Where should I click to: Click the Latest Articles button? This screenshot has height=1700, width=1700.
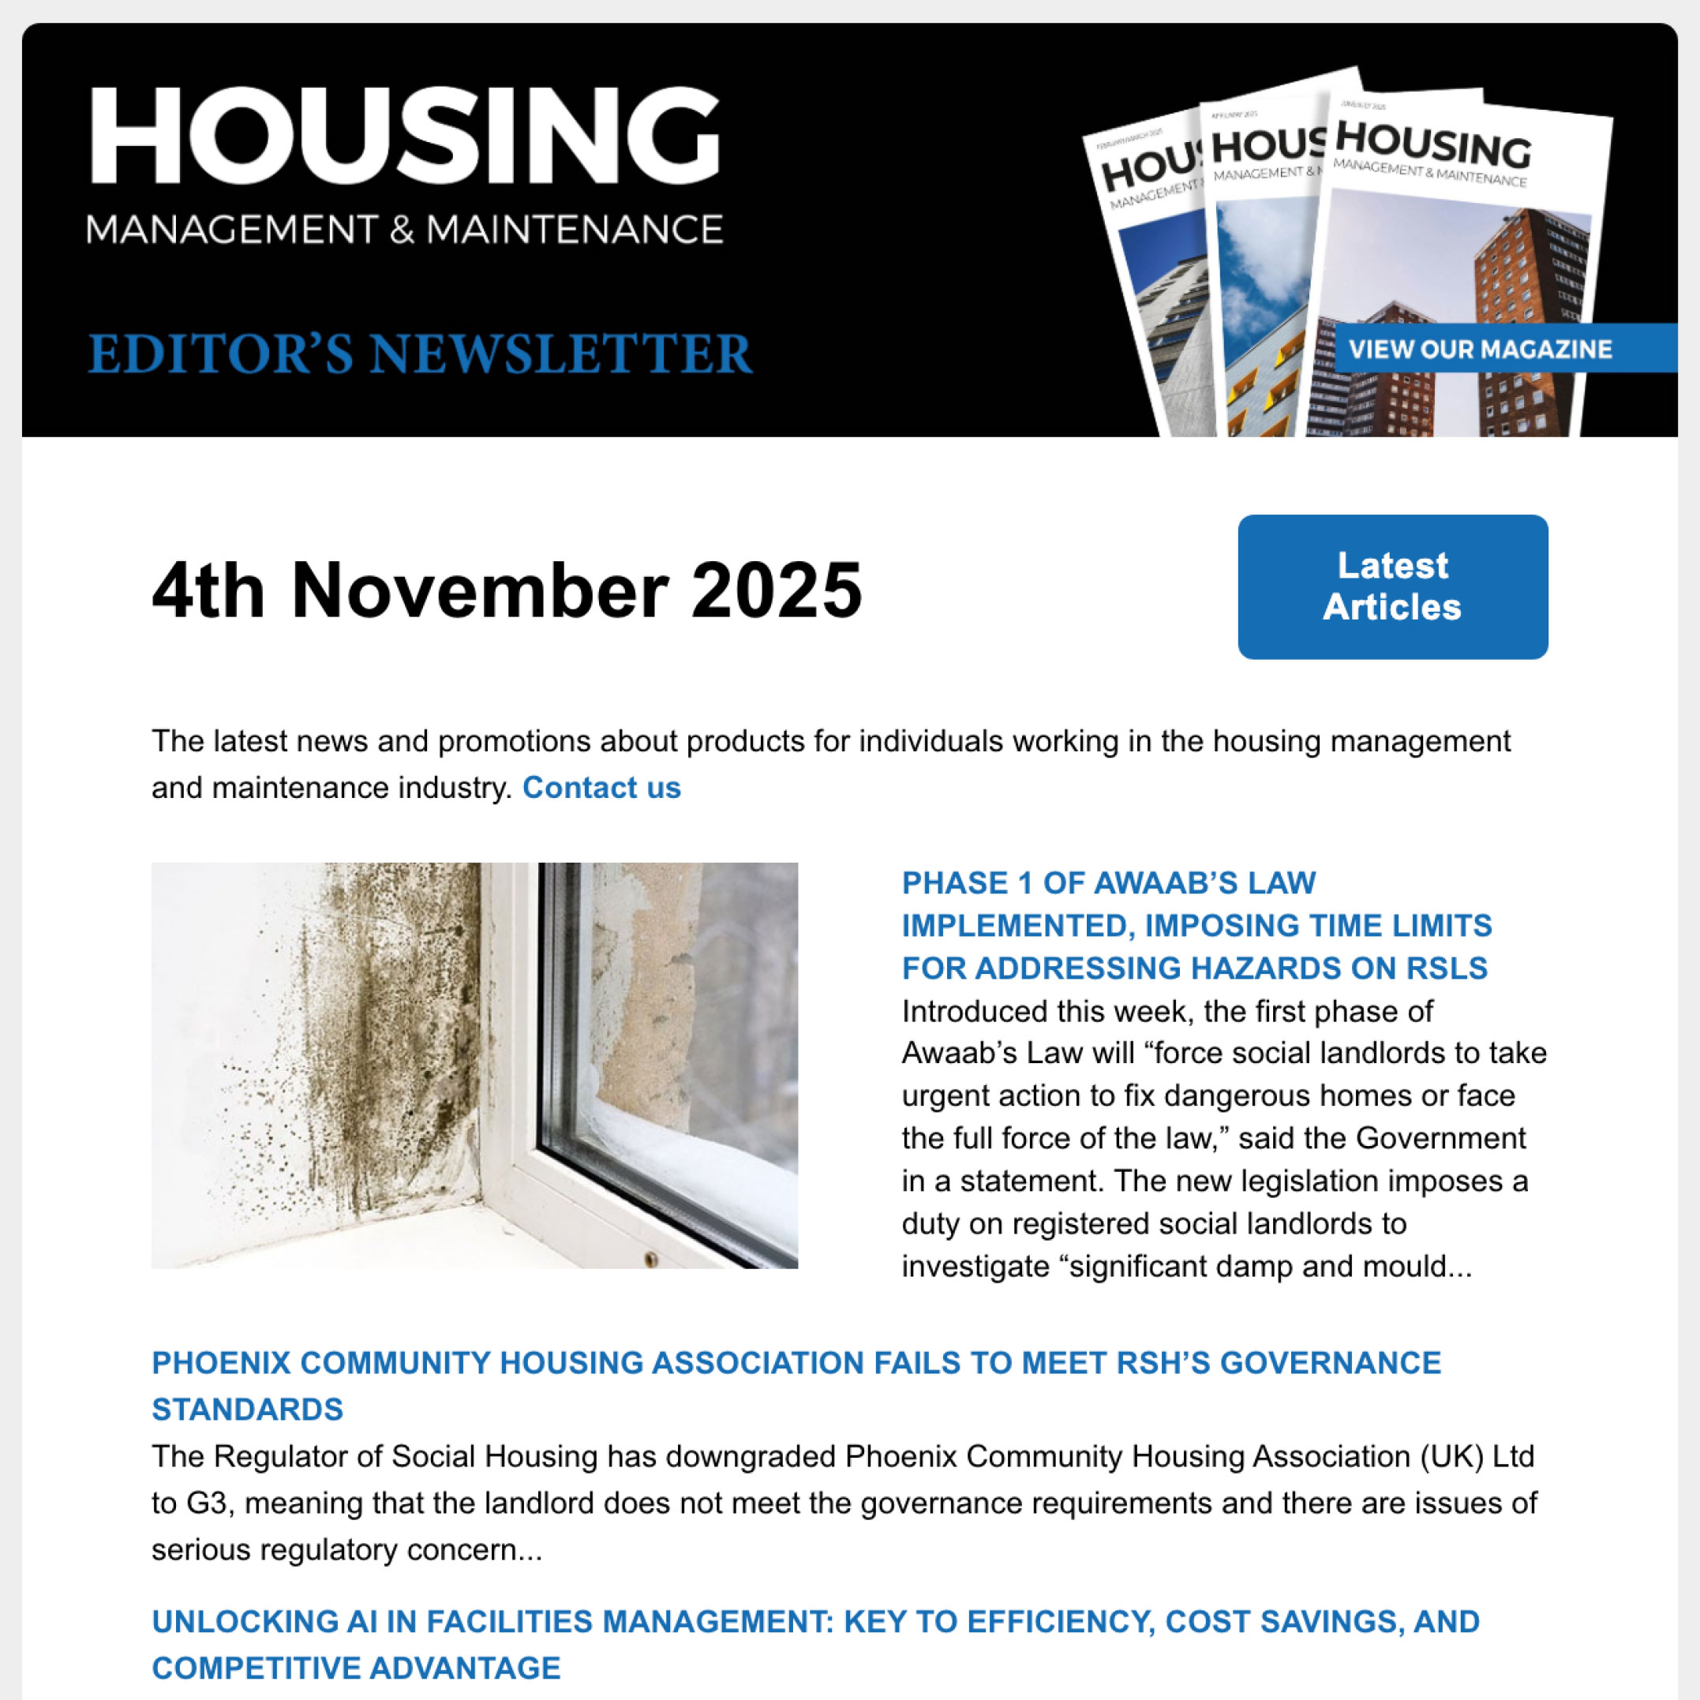(1392, 586)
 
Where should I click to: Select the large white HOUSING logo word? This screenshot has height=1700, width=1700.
(405, 137)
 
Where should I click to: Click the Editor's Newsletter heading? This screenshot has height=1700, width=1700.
(420, 354)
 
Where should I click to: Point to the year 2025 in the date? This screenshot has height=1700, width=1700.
(776, 590)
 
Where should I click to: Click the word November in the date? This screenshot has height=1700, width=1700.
(480, 590)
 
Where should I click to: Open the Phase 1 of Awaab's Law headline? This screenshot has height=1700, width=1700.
(1196, 925)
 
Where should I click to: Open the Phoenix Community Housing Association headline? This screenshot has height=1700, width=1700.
(796, 1362)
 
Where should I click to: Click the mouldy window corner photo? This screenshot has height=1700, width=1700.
(474, 1065)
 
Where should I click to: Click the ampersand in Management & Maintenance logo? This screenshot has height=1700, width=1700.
(401, 230)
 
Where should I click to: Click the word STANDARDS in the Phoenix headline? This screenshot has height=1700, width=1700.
(247, 1409)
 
